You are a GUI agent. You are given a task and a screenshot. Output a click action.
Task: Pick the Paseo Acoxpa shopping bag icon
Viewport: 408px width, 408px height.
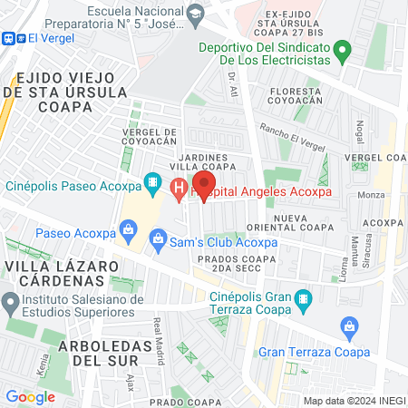[129, 233]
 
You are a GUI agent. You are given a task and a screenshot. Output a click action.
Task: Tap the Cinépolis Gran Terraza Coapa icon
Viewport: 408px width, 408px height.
[305, 297]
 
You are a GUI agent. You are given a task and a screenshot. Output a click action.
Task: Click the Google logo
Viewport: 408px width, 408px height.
[30, 396]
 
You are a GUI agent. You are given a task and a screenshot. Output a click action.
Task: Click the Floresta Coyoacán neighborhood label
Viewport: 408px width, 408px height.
[295, 97]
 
